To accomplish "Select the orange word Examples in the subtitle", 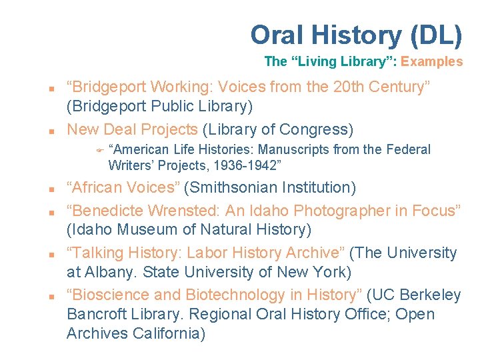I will pyautogui.click(x=432, y=62).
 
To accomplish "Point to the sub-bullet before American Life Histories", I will pyautogui.click(x=97, y=150).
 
